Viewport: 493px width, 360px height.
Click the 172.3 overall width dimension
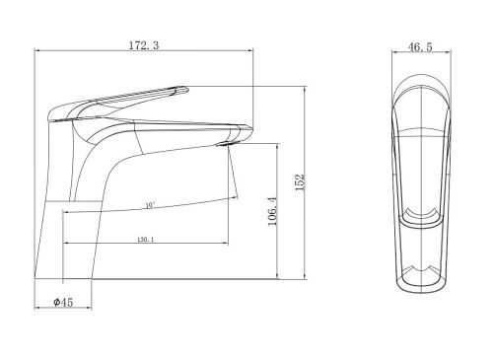144,45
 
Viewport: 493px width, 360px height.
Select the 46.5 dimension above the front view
420,47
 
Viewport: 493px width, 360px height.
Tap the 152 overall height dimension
301,182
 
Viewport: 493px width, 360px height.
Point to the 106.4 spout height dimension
273,211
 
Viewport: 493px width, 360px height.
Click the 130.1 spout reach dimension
146,240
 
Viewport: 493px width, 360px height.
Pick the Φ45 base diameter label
63,302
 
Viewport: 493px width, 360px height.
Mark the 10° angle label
150,205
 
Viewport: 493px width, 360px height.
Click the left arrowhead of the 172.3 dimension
37,50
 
